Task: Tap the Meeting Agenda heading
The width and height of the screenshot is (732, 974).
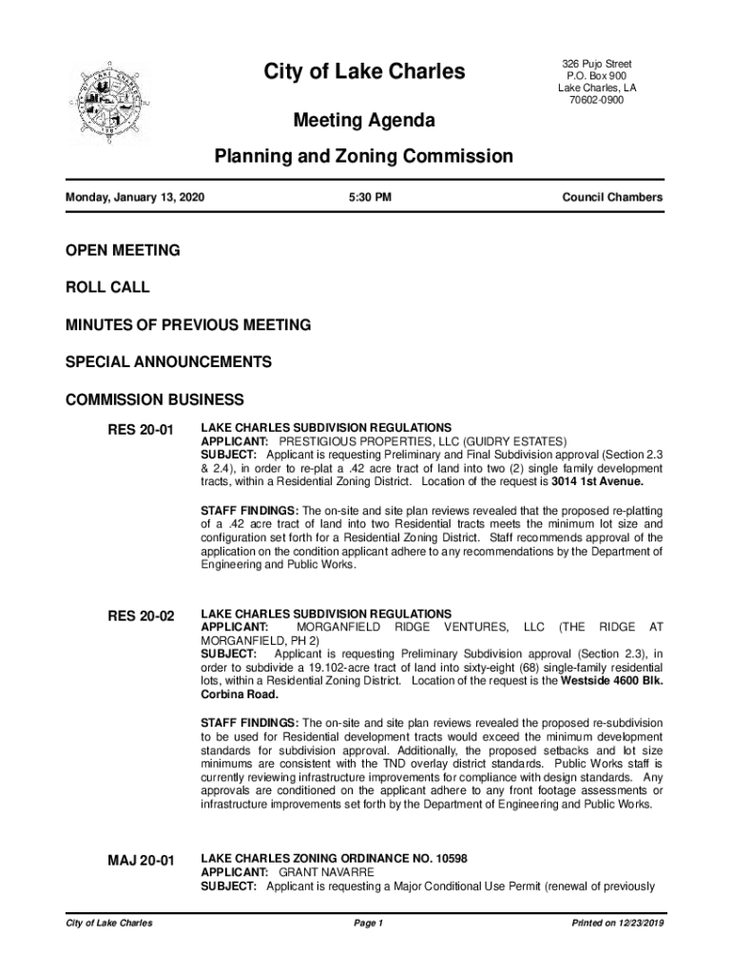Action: point(363,121)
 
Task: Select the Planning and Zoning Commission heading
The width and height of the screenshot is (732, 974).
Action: point(363,156)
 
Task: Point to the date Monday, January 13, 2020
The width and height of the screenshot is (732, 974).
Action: point(134,198)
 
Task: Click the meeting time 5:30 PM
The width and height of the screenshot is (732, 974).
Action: point(371,198)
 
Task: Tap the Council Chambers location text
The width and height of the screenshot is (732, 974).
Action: point(612,198)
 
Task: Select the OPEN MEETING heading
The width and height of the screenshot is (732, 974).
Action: point(122,250)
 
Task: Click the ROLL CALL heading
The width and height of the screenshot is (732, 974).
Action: point(106,287)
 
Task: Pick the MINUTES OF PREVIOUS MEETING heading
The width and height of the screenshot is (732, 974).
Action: point(187,325)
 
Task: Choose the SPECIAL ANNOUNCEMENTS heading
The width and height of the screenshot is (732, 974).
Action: point(167,362)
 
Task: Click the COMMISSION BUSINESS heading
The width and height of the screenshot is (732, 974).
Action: point(154,399)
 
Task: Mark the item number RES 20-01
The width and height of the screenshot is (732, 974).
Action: point(141,430)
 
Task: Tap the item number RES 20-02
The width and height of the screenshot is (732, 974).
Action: point(141,616)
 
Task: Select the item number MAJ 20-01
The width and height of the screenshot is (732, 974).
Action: point(141,861)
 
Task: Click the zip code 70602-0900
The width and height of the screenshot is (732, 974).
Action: point(597,101)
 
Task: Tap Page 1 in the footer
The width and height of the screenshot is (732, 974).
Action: point(367,924)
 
